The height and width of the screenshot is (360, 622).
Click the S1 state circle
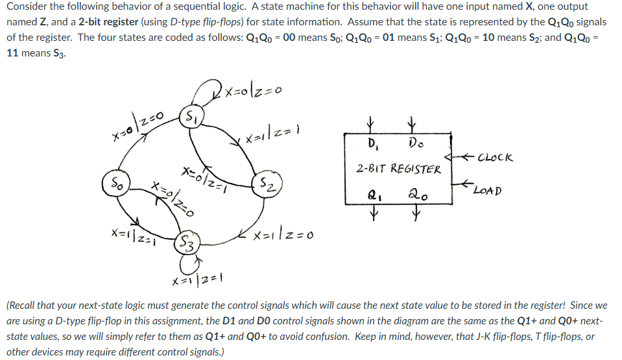tap(191, 117)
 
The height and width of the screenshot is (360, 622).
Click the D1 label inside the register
tap(372, 142)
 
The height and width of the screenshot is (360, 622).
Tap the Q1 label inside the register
tap(372, 194)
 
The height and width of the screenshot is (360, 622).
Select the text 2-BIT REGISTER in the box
tap(399, 169)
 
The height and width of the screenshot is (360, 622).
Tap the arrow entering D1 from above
tap(371, 123)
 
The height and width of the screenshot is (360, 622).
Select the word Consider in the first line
tap(27, 7)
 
